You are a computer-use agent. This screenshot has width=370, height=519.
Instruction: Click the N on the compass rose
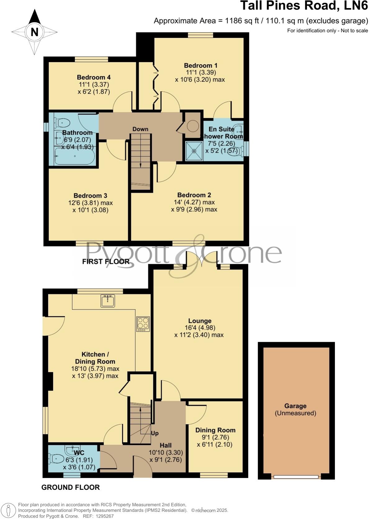coord(34,32)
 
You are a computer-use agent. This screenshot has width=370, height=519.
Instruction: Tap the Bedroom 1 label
coord(201,65)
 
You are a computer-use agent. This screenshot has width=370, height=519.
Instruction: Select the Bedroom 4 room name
coord(94,77)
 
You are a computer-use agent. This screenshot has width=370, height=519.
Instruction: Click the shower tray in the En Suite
coord(194,151)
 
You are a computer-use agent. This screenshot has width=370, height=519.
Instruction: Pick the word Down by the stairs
coord(140,129)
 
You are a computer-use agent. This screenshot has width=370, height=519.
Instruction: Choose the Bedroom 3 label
coord(90,196)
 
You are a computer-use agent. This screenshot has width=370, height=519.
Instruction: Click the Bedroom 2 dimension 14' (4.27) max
coord(194,202)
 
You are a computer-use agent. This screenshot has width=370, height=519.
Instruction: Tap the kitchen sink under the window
coord(108,300)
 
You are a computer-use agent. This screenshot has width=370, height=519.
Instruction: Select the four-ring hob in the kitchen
coord(143,324)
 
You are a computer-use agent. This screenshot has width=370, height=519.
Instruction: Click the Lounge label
coord(200,321)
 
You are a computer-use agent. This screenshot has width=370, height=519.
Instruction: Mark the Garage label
coord(296,406)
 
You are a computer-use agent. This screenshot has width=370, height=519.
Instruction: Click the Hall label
coord(166,445)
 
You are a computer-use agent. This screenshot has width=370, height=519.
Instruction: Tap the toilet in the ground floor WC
coord(54,458)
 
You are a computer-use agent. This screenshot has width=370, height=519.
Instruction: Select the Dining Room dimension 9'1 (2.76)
coord(215,437)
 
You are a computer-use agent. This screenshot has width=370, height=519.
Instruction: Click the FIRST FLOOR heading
coord(106,262)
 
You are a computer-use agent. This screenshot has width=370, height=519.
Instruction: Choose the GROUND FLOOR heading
coord(70,487)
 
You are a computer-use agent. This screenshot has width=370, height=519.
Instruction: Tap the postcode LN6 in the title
coord(356,6)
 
